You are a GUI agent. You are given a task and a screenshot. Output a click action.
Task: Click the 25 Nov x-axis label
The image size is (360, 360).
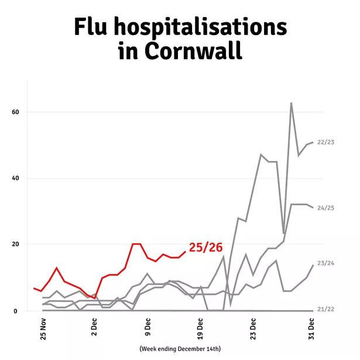tap(43, 330)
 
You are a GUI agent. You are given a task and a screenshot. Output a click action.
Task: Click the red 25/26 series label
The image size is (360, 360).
tap(205, 248)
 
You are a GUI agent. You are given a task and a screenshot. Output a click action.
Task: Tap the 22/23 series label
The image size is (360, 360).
tap(325, 142)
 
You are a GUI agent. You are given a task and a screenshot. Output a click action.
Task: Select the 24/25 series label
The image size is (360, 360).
tap(325, 208)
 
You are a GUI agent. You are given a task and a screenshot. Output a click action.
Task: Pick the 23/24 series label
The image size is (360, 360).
tap(325, 264)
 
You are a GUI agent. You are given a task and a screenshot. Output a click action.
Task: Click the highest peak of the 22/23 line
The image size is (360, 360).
tap(291, 103)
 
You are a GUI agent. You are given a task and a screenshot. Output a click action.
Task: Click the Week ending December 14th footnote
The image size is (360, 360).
tap(180, 349)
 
